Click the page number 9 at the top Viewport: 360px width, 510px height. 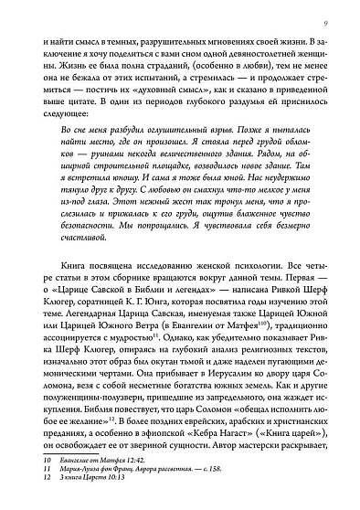point(337,12)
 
